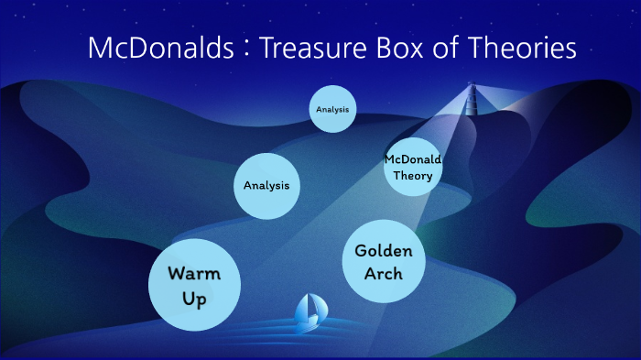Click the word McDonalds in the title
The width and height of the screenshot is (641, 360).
(x=160, y=49)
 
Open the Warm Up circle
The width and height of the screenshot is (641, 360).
(x=194, y=285)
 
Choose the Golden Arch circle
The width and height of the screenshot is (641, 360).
(x=384, y=261)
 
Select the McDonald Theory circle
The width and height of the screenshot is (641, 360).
(x=412, y=168)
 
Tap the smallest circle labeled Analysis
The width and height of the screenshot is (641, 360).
(x=331, y=109)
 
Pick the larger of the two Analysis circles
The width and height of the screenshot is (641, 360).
(x=266, y=185)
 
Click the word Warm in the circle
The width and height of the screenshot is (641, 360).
(x=194, y=273)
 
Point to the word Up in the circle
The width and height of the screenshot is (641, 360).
(x=194, y=299)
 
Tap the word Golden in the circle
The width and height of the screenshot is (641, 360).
(x=384, y=250)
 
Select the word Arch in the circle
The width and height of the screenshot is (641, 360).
(x=384, y=273)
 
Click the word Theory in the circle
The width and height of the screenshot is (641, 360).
(x=412, y=176)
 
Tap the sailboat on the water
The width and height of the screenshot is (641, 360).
(x=307, y=313)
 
